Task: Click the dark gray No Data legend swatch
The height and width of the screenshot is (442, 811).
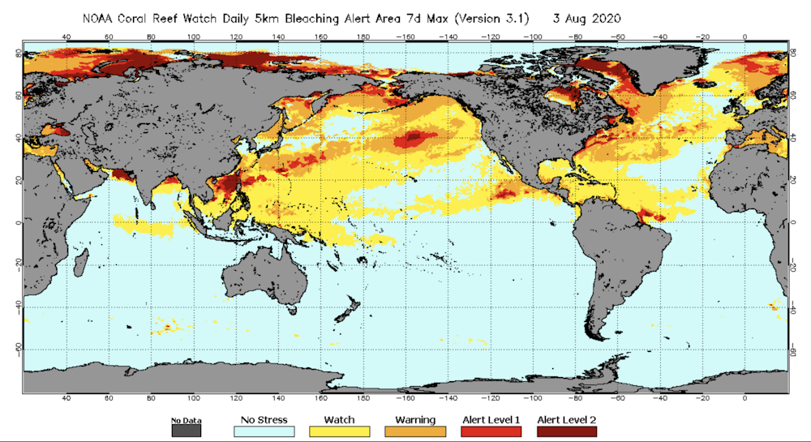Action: click(x=186, y=431)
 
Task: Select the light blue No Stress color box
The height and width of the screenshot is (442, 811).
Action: click(x=264, y=431)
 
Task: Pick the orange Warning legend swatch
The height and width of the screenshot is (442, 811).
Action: click(x=415, y=431)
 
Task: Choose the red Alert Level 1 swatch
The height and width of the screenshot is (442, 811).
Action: click(x=491, y=431)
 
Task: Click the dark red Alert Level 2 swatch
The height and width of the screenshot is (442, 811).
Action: click(x=566, y=431)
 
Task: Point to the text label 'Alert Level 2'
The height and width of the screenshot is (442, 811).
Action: click(x=566, y=419)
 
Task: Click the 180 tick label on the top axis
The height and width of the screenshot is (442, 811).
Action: click(x=364, y=36)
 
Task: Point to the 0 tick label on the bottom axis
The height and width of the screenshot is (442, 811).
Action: click(x=744, y=398)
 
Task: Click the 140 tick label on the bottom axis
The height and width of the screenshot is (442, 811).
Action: click(x=278, y=398)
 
